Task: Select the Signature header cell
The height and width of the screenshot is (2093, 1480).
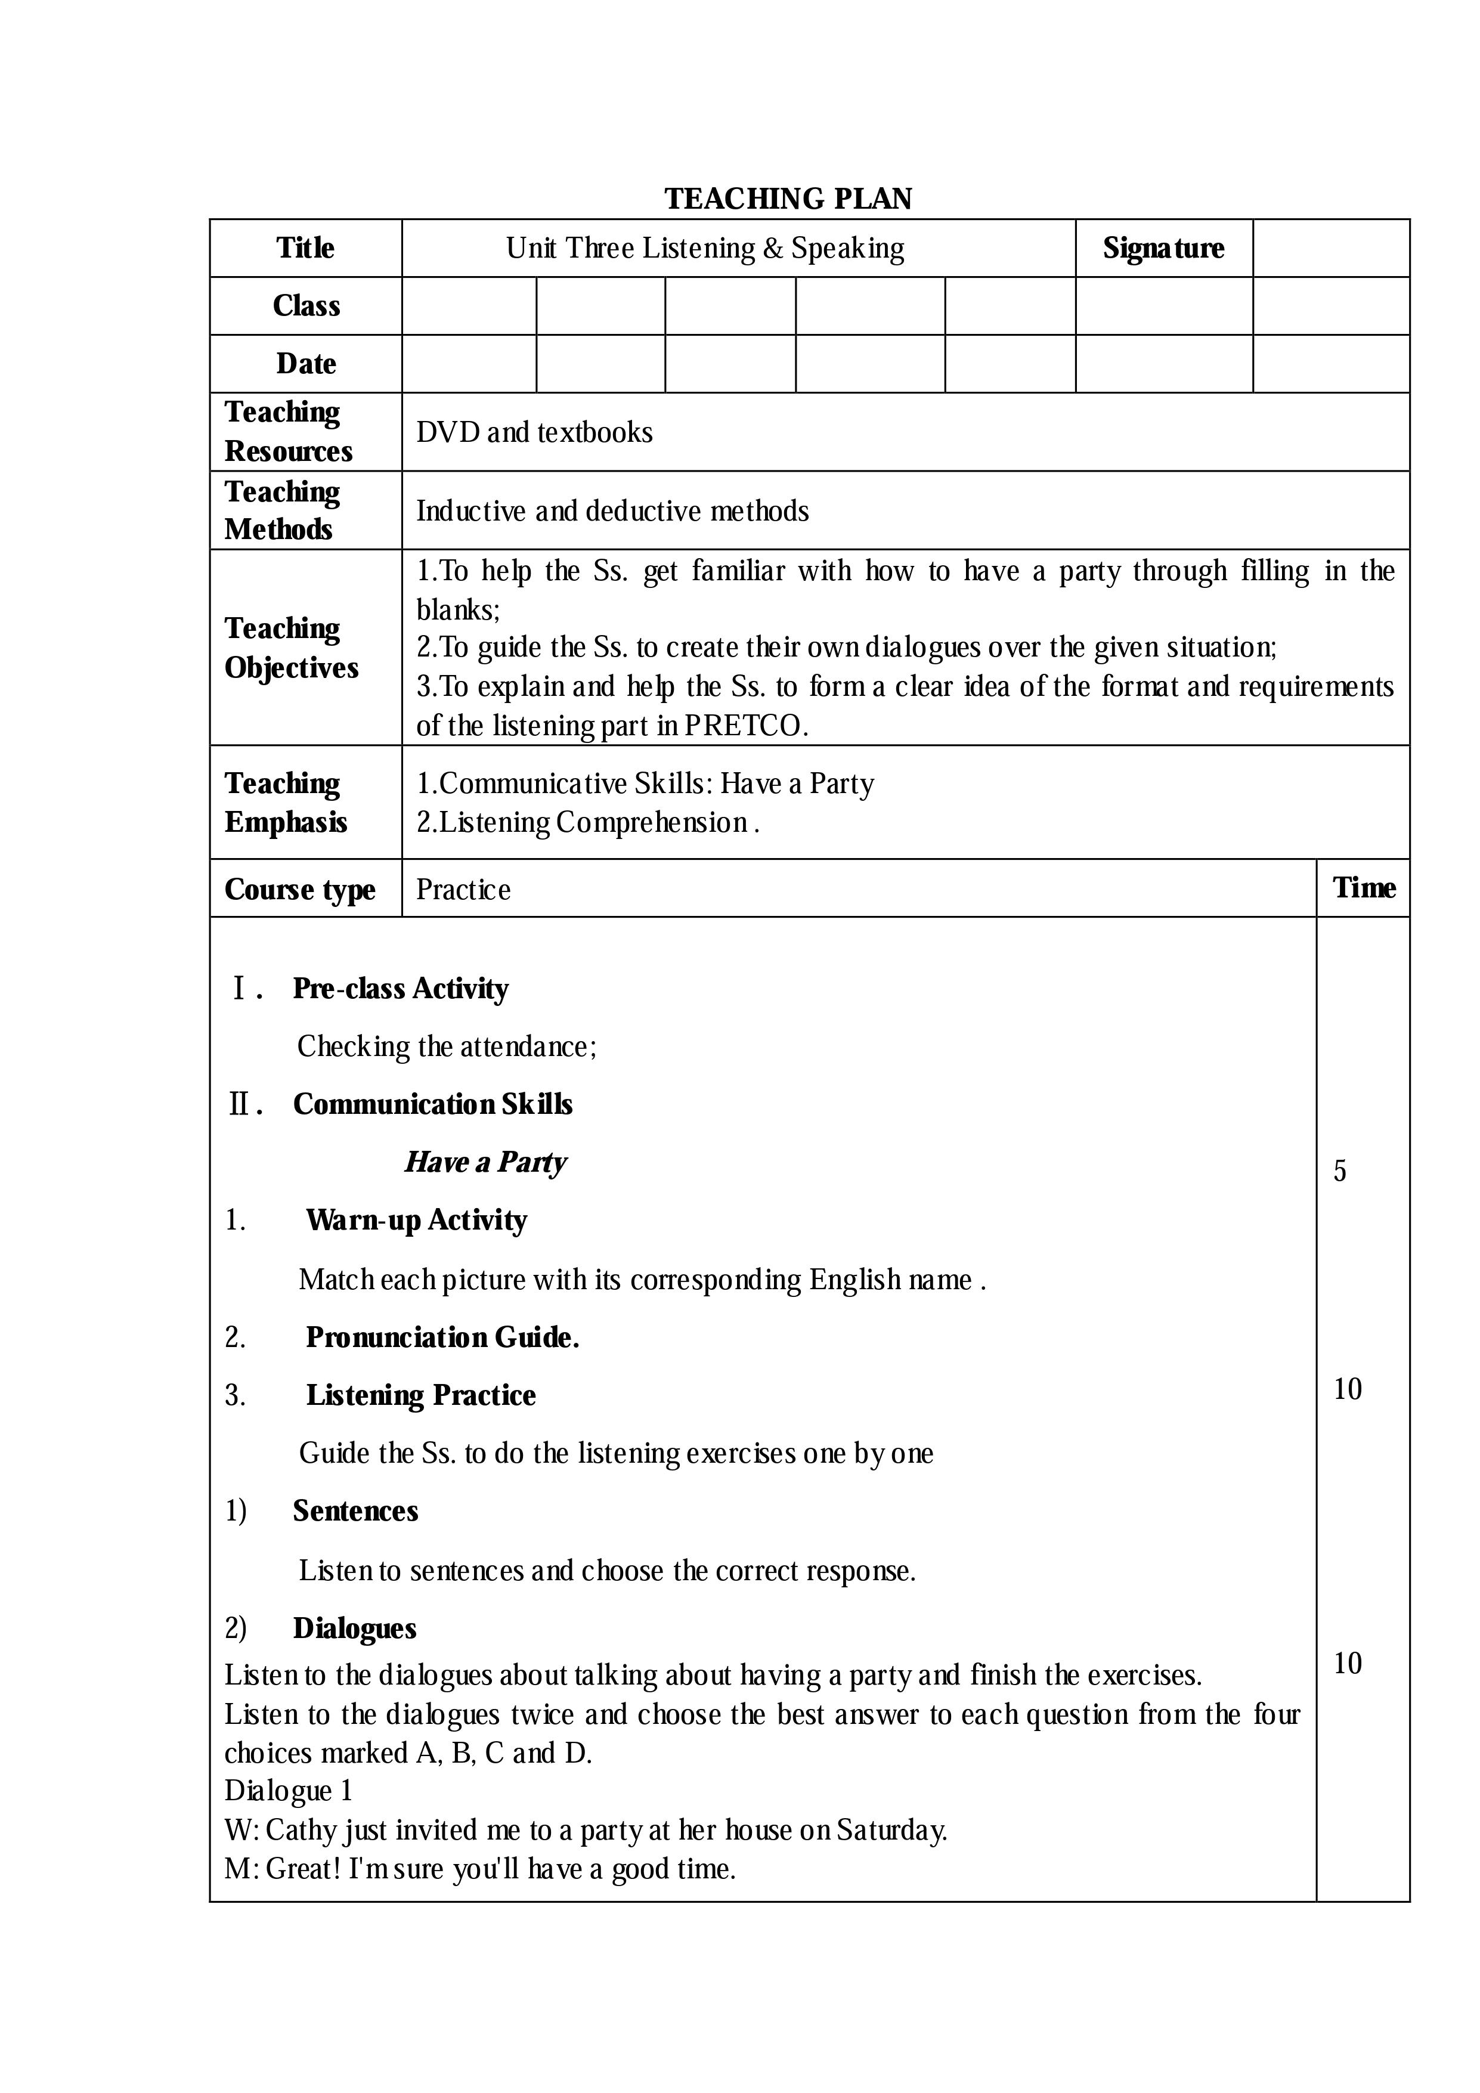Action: click(1163, 248)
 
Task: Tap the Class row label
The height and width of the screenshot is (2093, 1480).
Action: click(306, 305)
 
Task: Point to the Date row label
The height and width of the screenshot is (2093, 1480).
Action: click(306, 364)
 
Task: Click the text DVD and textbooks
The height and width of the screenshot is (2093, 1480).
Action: click(534, 432)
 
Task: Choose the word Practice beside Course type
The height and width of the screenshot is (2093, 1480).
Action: click(463, 890)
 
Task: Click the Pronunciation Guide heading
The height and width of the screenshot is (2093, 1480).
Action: click(442, 1337)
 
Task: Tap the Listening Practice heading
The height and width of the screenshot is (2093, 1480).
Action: click(420, 1395)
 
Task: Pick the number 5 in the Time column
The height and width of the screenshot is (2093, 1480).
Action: click(1340, 1171)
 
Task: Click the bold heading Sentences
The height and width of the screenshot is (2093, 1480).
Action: click(355, 1510)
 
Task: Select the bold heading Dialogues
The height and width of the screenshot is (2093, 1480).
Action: click(355, 1628)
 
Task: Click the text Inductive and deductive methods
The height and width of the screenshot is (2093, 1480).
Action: click(612, 512)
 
